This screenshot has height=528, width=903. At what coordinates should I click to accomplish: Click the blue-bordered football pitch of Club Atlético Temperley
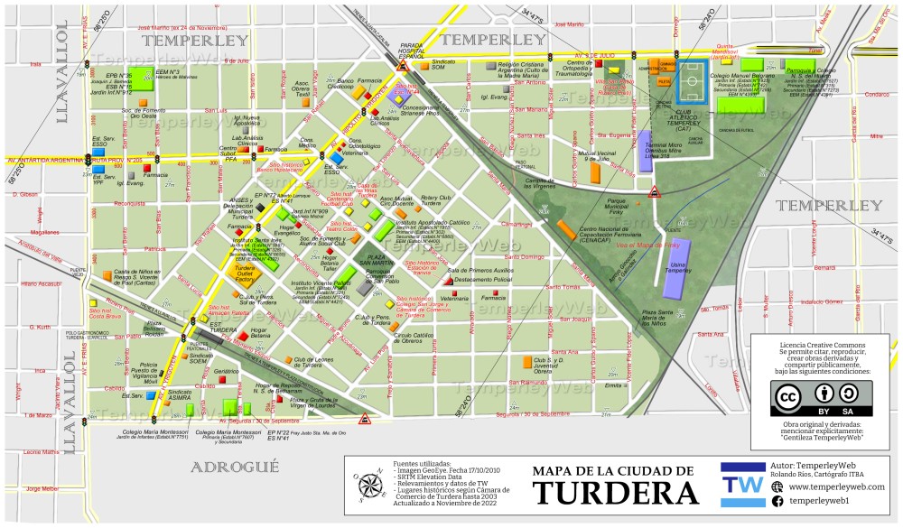(x=694, y=80)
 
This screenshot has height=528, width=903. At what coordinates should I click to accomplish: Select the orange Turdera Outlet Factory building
(x=244, y=273)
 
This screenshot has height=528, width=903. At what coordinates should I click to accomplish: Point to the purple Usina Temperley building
(x=677, y=268)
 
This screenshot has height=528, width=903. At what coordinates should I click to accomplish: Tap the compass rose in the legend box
(x=368, y=486)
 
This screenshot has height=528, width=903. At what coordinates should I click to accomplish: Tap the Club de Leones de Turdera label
(x=307, y=362)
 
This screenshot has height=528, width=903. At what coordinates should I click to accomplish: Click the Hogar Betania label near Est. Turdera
(x=259, y=333)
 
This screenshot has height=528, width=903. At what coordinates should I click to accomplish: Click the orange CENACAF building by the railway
(x=564, y=232)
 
